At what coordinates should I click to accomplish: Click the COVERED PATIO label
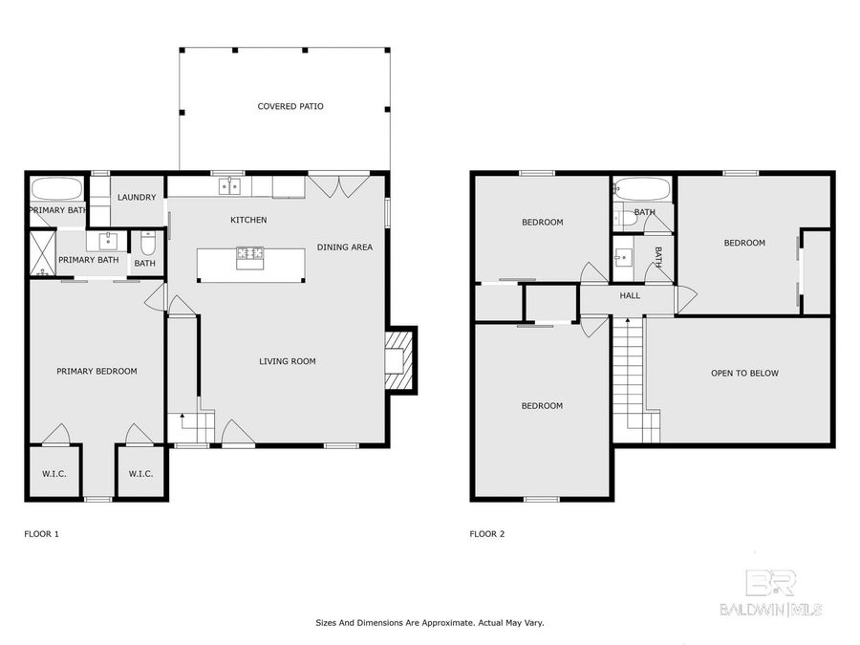pos(290,106)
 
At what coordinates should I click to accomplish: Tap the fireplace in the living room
pos(396,359)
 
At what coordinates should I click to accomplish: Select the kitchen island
pos(251,264)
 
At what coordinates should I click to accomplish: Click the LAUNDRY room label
pos(137,198)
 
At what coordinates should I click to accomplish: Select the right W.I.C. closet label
pos(140,473)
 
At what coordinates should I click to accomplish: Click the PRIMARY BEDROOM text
pos(97,372)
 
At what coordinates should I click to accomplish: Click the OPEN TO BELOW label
pos(744,374)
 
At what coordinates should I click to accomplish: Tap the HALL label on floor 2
pos(630,296)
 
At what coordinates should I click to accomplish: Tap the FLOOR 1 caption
pos(41,534)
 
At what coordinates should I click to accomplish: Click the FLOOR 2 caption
pos(486,534)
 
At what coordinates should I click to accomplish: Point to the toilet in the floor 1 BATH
pos(147,242)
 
